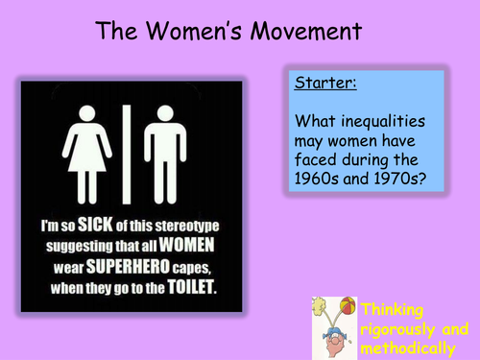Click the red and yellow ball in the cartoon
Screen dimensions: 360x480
click(x=348, y=309)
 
